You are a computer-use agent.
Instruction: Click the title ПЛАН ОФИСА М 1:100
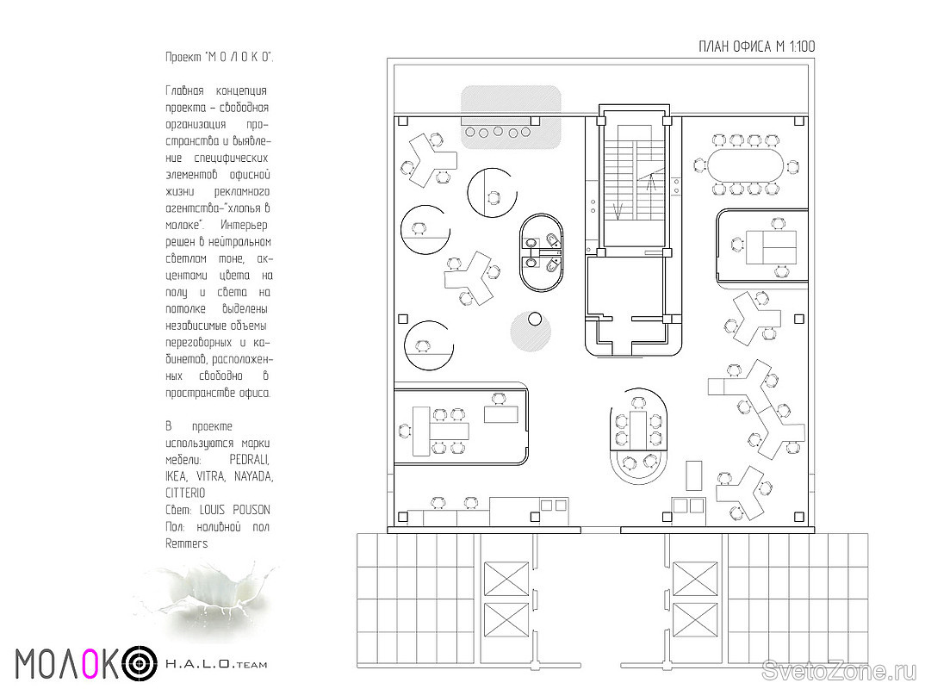(756, 46)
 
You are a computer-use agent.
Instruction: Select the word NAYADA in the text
(254, 476)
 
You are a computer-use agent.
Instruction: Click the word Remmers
(186, 543)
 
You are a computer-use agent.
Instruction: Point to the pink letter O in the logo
(90, 663)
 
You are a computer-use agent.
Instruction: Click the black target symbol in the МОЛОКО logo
(140, 664)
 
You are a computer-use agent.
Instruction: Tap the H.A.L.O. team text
(216, 664)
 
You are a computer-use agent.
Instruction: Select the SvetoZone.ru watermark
(840, 670)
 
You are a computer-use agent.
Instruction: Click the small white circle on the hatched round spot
(535, 320)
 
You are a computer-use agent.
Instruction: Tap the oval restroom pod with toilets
(543, 252)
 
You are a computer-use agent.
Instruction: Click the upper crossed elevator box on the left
(506, 579)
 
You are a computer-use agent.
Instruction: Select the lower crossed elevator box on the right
(694, 619)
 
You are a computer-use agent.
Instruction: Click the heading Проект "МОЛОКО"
(219, 57)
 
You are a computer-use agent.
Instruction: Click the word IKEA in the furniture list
(176, 476)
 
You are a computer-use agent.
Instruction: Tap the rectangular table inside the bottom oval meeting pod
(638, 429)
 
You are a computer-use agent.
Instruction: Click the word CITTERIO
(185, 493)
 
